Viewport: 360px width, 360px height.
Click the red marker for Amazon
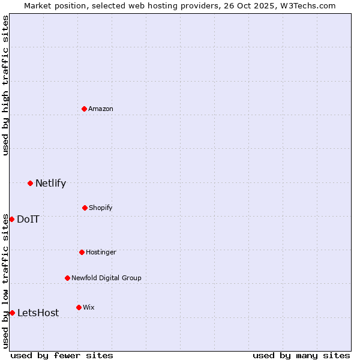click(x=85, y=109)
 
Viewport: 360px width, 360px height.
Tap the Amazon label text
click(x=101, y=109)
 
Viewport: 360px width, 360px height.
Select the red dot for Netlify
click(x=30, y=183)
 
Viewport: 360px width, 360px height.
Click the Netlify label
click(x=50, y=183)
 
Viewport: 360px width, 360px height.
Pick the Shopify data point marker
click(x=85, y=208)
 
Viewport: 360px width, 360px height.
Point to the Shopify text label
click(x=101, y=208)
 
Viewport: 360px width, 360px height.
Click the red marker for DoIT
click(x=11, y=219)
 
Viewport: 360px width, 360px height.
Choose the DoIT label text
click(x=28, y=219)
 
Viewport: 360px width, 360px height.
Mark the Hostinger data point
click(x=82, y=252)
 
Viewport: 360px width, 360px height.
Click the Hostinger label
click(x=101, y=252)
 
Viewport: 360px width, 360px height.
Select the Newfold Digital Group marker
click(x=67, y=278)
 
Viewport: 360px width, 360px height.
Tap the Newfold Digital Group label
click(x=106, y=278)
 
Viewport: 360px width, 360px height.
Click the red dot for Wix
click(x=79, y=307)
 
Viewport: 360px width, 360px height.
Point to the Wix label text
click(x=88, y=307)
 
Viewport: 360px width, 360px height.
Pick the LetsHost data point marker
click(x=12, y=313)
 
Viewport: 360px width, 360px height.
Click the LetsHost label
click(x=38, y=313)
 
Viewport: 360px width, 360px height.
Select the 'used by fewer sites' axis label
click(x=62, y=355)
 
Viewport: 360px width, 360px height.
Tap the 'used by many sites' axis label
click(x=301, y=355)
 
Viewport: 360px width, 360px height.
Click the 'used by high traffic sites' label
click(x=5, y=85)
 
